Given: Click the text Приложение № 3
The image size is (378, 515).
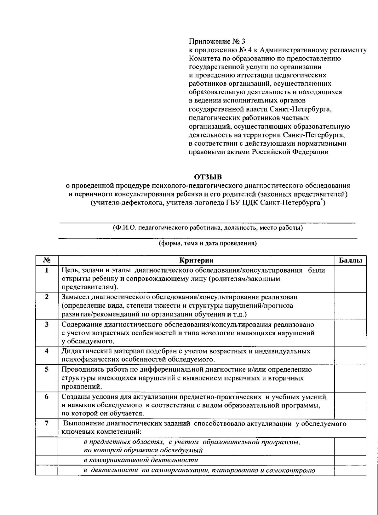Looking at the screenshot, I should tap(216, 41).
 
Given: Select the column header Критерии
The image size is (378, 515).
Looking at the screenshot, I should tap(196, 260).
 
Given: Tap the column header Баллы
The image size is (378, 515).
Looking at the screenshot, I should tap(350, 260).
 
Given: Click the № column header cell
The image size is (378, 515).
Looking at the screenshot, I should tap(46, 260).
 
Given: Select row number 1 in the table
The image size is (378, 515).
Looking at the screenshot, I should tap(46, 270).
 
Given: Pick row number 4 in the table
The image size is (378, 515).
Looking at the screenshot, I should tap(46, 351).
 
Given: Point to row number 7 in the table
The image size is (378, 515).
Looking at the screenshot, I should tap(46, 423).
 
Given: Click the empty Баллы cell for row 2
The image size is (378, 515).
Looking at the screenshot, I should tap(350, 306).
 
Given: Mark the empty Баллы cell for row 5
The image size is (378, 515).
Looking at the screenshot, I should tap(350, 378).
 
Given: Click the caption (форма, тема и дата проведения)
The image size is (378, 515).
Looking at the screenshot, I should tap(208, 243).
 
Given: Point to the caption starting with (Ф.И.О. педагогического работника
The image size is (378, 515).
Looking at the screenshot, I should tap(208, 228).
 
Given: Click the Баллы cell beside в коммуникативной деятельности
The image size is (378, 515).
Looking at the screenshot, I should tap(350, 460).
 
